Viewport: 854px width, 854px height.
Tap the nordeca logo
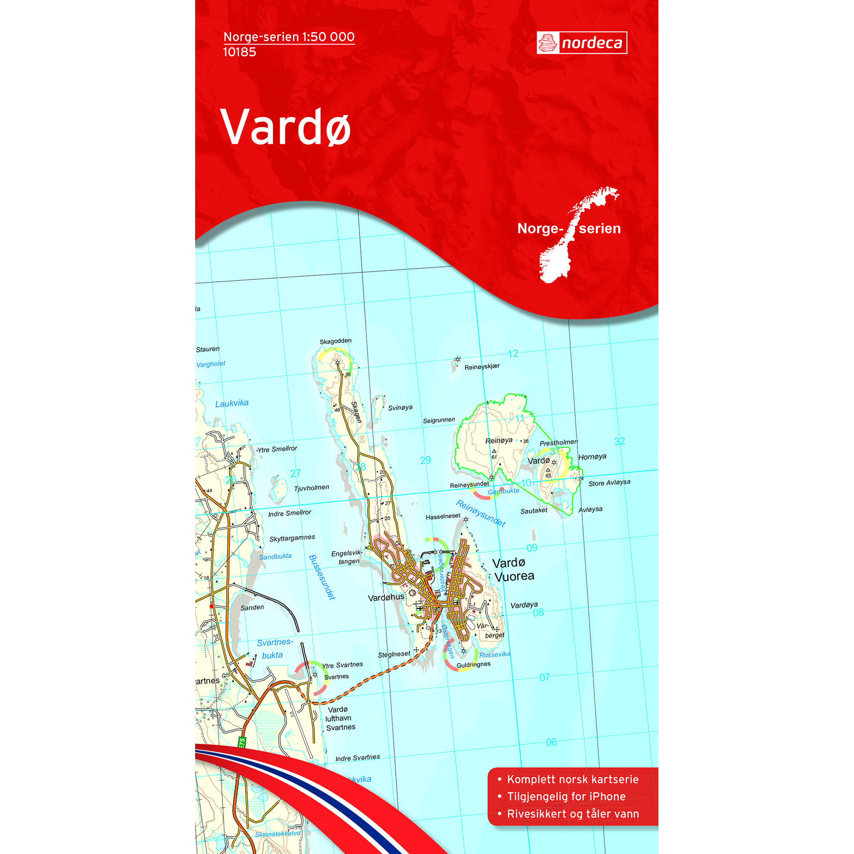(x=582, y=43)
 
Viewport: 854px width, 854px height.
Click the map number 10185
(x=240, y=52)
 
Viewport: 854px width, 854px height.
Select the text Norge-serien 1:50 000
(x=289, y=37)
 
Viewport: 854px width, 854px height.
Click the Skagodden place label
(x=336, y=341)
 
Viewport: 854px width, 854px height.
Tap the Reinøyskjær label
(x=482, y=366)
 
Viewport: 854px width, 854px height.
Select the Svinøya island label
(x=400, y=407)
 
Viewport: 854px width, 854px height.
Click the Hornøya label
(x=592, y=456)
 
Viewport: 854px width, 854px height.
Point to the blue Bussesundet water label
(x=322, y=577)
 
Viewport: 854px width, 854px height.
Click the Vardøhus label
(x=386, y=597)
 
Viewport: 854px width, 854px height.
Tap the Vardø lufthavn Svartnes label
(x=339, y=718)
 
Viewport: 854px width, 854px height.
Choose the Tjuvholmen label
(x=311, y=488)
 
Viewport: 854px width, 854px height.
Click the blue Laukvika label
(x=231, y=403)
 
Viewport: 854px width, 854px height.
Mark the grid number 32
(x=619, y=441)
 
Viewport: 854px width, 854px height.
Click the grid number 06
(x=551, y=742)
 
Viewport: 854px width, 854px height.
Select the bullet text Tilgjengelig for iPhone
(x=566, y=796)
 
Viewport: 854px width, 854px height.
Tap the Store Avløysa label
(x=609, y=483)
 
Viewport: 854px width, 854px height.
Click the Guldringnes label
(x=474, y=664)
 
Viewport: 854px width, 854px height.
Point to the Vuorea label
(x=514, y=576)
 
